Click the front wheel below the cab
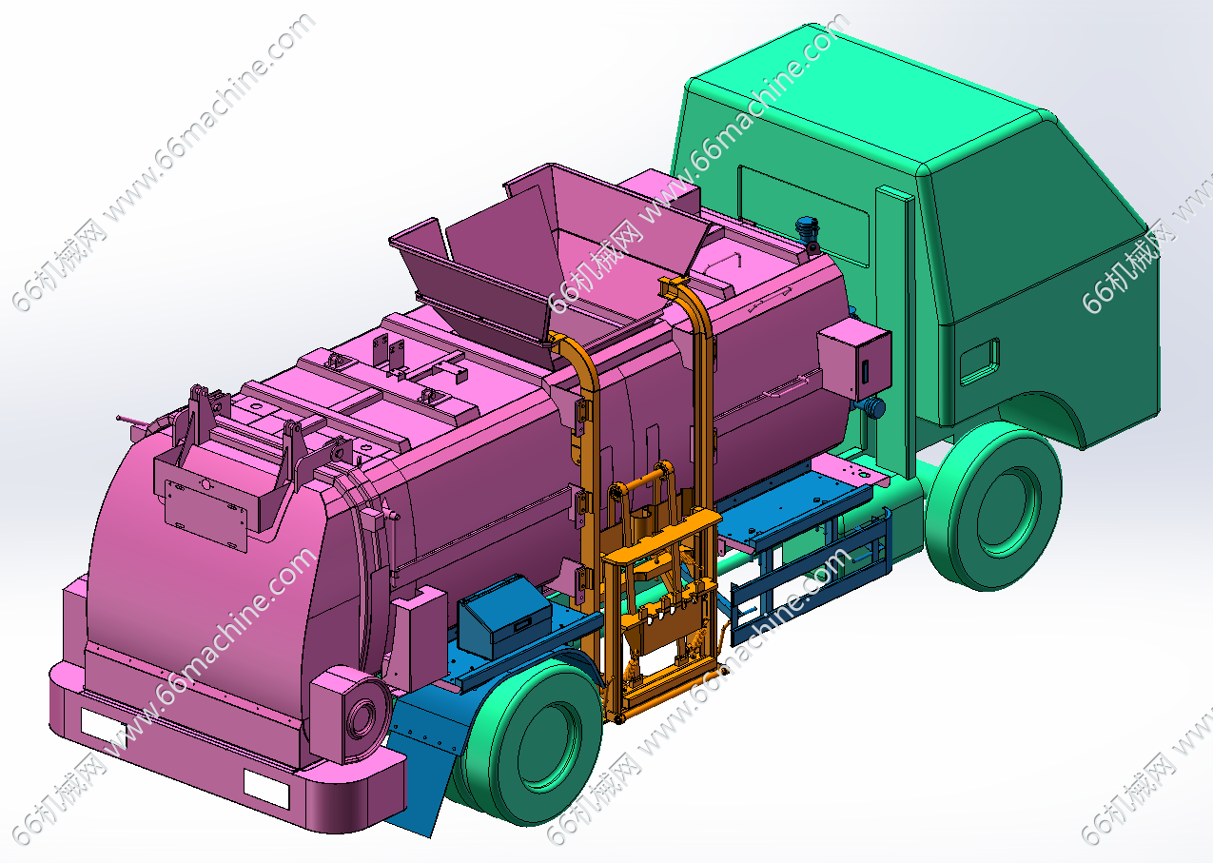point(993,506)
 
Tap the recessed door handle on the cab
point(980,362)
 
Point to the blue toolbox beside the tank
point(503,616)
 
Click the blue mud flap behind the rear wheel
point(428,758)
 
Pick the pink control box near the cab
point(854,359)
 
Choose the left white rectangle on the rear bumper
point(104,728)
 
